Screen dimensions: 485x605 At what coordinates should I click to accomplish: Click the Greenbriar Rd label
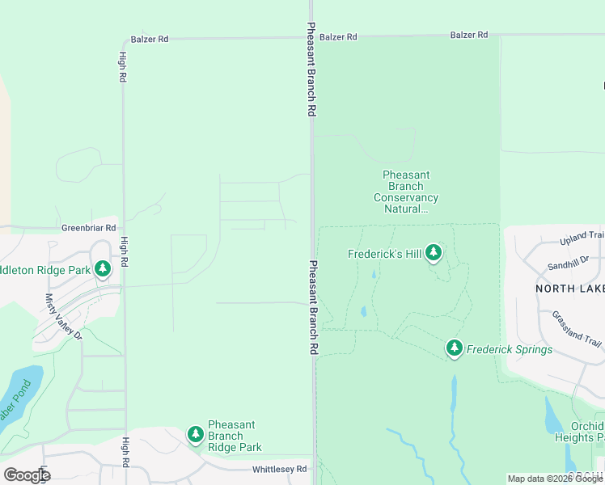89,228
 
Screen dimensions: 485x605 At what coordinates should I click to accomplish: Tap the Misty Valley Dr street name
63,316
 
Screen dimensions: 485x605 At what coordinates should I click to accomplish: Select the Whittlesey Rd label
279,469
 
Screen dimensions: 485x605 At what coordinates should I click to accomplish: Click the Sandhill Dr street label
569,264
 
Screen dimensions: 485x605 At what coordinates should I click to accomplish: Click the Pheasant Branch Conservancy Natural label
406,192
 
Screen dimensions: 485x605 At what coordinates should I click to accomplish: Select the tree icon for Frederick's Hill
434,253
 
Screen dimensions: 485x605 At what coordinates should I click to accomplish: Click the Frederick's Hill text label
385,254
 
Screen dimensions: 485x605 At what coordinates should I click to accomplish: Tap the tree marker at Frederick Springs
455,348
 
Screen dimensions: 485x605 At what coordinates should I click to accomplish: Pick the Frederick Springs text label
509,349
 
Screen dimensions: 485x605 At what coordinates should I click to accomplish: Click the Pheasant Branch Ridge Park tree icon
195,435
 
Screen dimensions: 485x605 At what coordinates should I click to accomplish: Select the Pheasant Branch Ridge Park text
235,436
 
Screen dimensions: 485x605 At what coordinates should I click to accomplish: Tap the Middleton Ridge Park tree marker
103,268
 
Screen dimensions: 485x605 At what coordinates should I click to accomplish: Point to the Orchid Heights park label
579,432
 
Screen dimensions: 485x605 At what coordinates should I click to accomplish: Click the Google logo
27,474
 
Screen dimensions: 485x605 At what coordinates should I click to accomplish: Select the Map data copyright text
555,479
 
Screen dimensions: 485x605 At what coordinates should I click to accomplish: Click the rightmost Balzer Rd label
469,35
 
